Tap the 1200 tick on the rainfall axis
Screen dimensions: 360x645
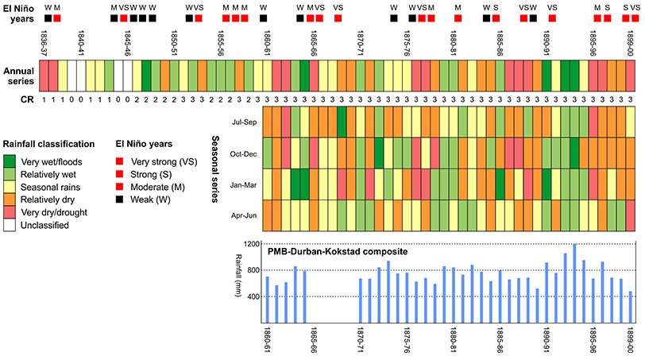(252, 244)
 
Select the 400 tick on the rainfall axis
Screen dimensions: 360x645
(254, 297)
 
